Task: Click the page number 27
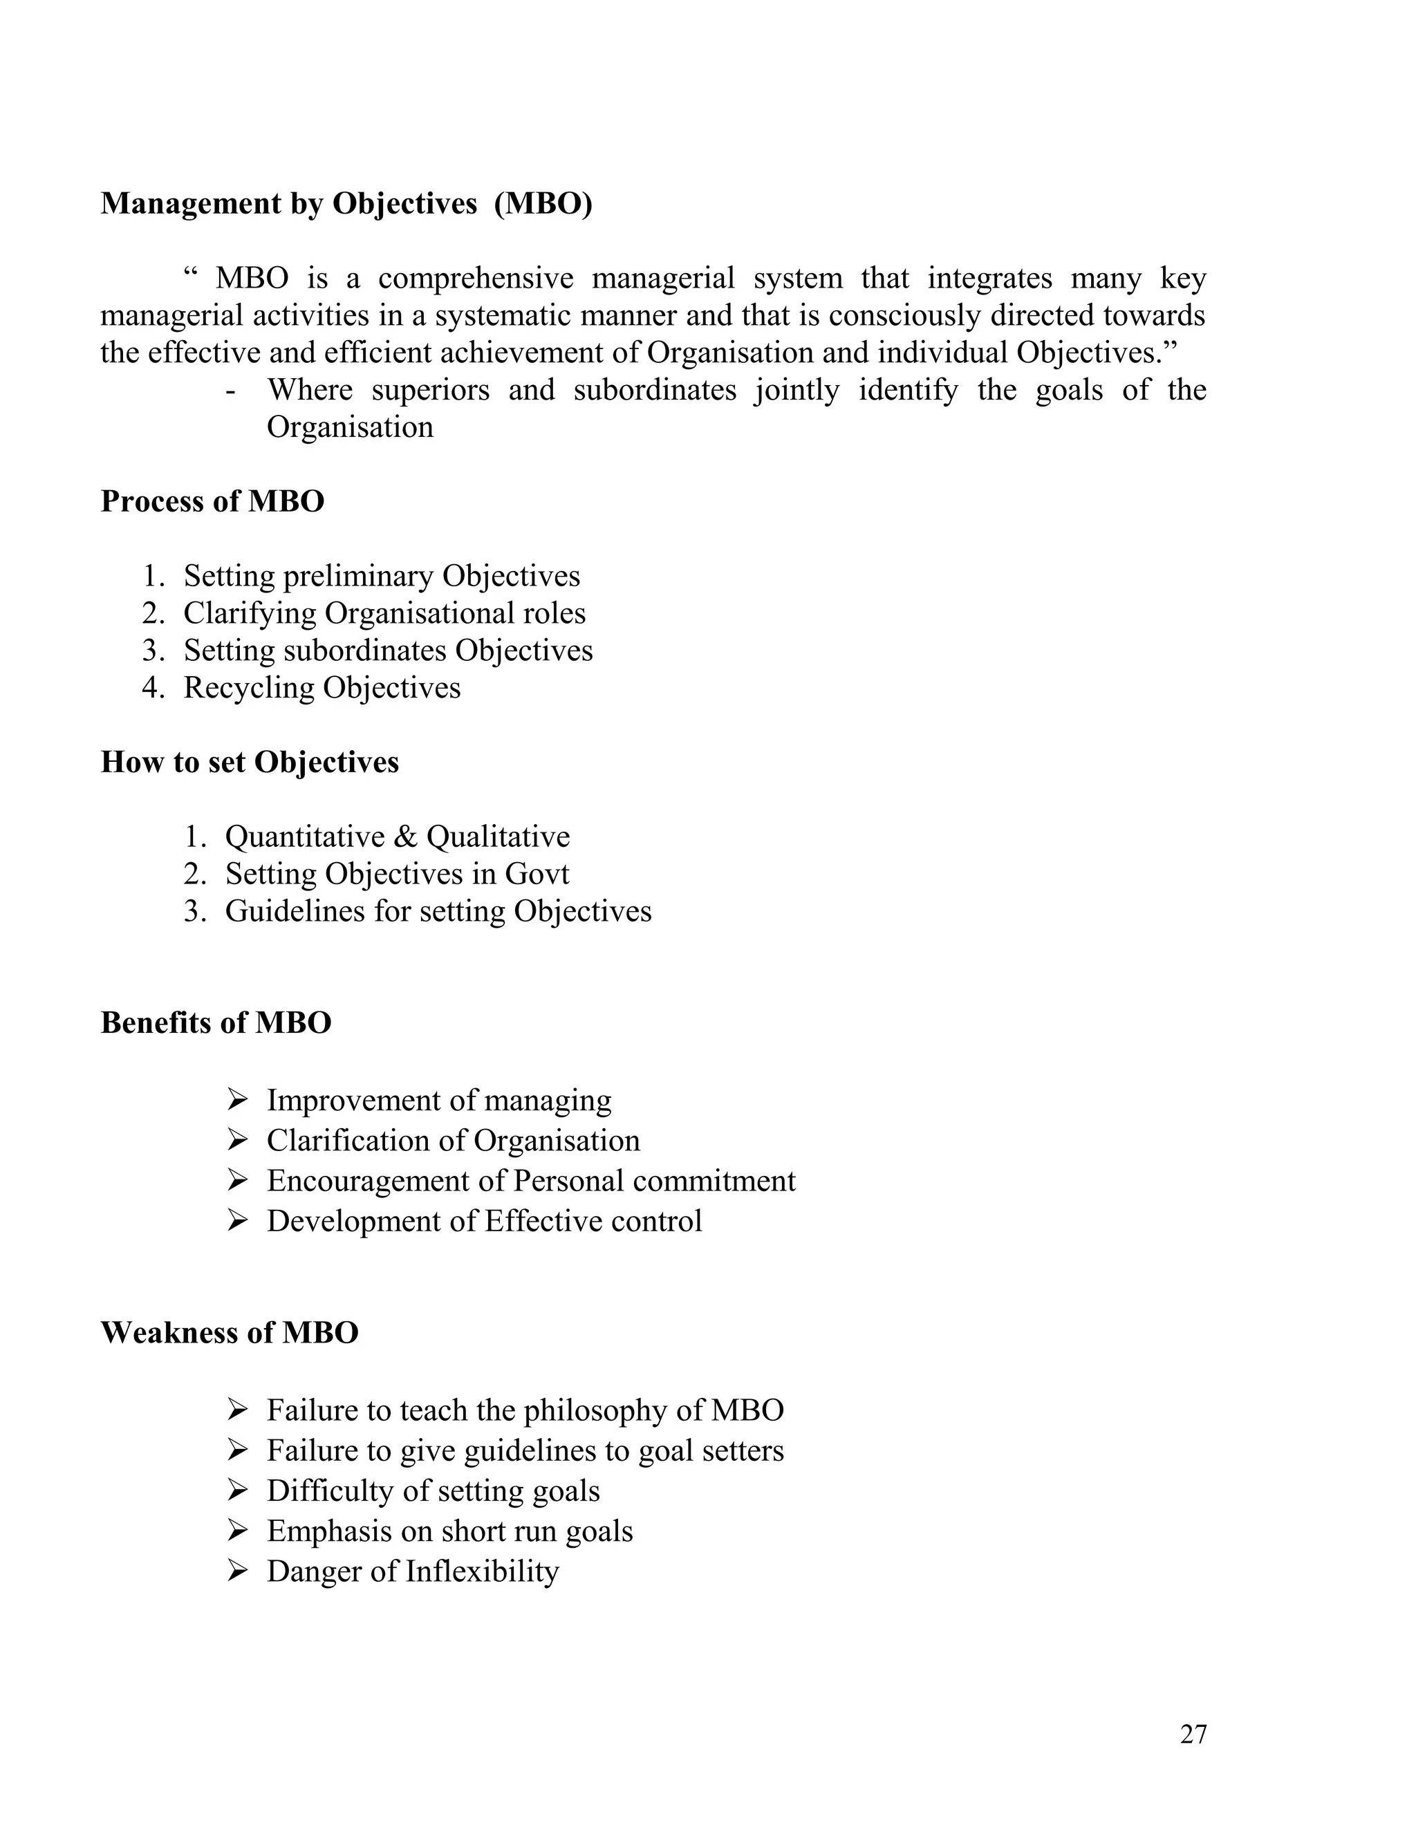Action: [1192, 1734]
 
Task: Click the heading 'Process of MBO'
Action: [212, 502]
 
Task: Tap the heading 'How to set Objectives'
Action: [250, 762]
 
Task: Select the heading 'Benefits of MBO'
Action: [216, 1022]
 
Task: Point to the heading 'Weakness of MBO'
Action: [229, 1332]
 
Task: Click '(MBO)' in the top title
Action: [543, 204]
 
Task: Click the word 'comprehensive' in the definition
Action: [475, 279]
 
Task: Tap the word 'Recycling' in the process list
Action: [249, 688]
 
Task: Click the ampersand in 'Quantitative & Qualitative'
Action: [405, 837]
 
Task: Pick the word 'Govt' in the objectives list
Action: [536, 874]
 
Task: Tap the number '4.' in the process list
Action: [153, 688]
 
